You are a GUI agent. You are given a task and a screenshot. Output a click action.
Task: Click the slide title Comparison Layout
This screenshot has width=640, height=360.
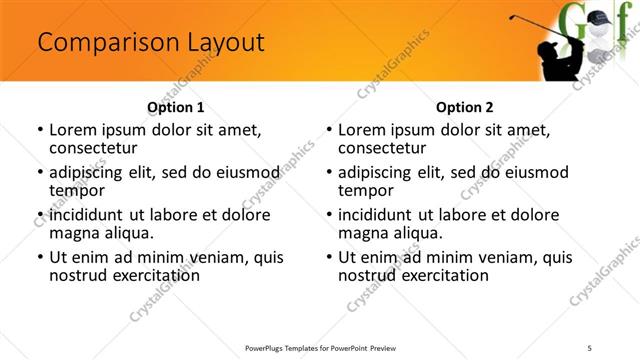(x=150, y=43)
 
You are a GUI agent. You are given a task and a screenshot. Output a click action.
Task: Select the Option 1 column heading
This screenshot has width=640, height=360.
(x=175, y=107)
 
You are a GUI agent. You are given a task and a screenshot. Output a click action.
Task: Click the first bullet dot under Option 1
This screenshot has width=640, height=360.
(x=39, y=130)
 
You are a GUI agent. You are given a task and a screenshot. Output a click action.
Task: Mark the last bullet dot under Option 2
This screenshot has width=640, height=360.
(x=328, y=257)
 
